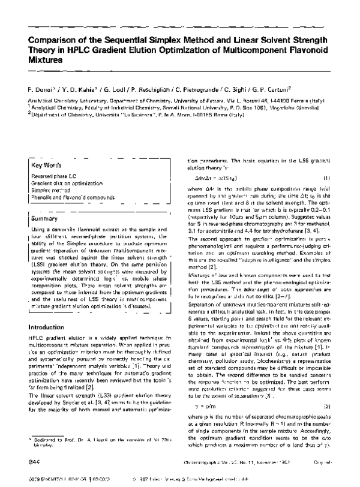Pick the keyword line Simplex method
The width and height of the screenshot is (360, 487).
pos(50,190)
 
